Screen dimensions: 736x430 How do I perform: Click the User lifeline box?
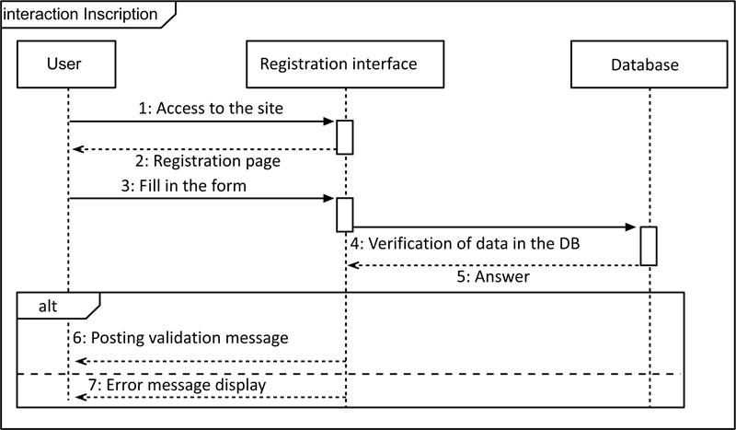pyautogui.click(x=66, y=64)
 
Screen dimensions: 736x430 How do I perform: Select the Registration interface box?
pyautogui.click(x=345, y=64)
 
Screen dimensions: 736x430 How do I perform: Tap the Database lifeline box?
pyautogui.click(x=650, y=64)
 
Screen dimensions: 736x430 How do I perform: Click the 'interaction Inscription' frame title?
pyautogui.click(x=81, y=14)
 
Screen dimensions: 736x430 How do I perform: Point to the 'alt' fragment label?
pyautogui.click(x=48, y=307)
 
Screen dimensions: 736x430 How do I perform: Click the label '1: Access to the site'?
pyautogui.click(x=211, y=108)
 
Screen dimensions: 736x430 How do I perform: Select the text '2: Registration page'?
pyautogui.click(x=208, y=161)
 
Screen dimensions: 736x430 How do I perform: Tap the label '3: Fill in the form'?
pyautogui.click(x=183, y=186)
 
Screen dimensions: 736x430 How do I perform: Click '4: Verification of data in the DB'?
pyautogui.click(x=465, y=243)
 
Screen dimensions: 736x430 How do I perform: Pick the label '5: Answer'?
pyautogui.click(x=493, y=276)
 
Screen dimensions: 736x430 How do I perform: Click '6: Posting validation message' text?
pyautogui.click(x=180, y=338)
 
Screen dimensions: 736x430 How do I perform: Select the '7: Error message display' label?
pyautogui.click(x=177, y=386)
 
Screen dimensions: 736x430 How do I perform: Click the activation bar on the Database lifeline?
pyautogui.click(x=649, y=246)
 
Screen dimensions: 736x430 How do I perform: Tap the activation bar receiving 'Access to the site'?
pyautogui.click(x=344, y=137)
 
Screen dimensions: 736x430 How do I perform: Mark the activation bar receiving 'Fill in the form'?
pyautogui.click(x=344, y=215)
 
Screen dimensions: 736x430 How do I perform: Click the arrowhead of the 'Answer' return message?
pyautogui.click(x=352, y=265)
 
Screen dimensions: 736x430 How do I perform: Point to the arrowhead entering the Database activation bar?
pyautogui.click(x=631, y=227)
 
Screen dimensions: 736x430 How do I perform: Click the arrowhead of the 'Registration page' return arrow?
pyautogui.click(x=78, y=149)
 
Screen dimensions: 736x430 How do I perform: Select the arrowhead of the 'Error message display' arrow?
pyautogui.click(x=81, y=398)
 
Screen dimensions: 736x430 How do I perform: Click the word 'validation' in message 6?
pyautogui.click(x=189, y=338)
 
